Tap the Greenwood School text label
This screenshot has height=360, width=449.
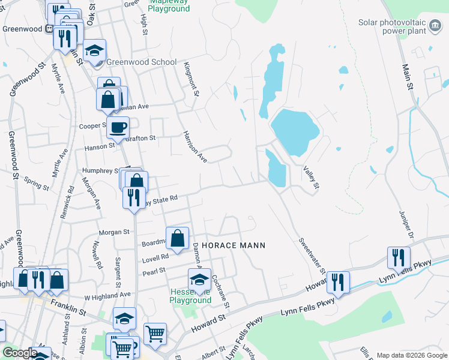coord(142,62)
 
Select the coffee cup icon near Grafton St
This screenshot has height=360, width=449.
coord(118,127)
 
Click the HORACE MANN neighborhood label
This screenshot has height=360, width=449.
coord(233,245)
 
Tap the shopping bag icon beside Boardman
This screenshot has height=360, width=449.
coord(178,238)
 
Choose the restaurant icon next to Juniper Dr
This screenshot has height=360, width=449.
coord(399,257)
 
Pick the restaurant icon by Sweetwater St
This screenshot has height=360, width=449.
coord(339,282)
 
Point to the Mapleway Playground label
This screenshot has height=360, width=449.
coord(169,5)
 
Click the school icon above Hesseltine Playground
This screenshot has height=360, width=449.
coord(199,279)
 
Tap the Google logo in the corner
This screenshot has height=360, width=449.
coord(19,353)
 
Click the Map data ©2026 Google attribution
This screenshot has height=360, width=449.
coord(411,355)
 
